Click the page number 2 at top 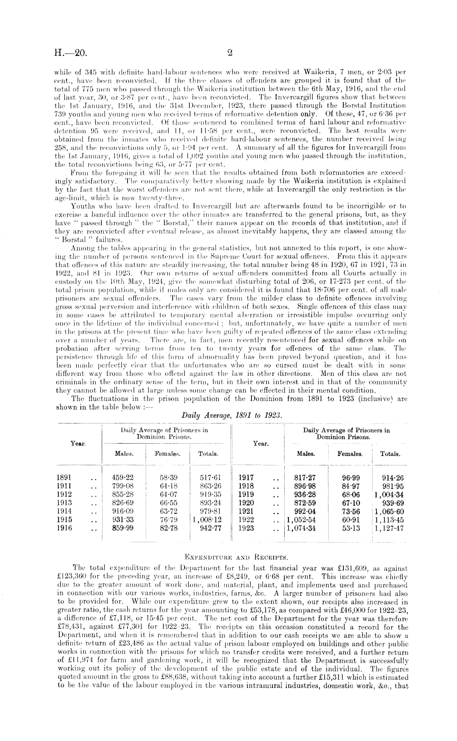[230, 53]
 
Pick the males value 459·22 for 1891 [123, 478]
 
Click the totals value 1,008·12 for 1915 [207, 520]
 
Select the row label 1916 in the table [64, 528]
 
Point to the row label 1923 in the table [246, 528]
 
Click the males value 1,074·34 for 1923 [302, 528]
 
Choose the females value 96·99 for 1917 [351, 478]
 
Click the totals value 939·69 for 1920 [393, 503]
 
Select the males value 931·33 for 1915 [123, 520]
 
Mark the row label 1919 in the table [246, 495]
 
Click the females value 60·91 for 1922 [351, 520]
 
